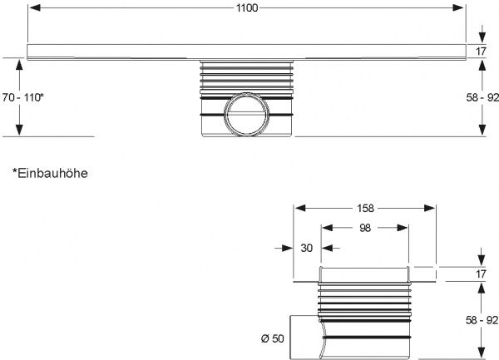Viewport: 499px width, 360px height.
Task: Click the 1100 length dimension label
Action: click(x=247, y=8)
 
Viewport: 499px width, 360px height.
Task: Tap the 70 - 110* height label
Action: click(x=23, y=97)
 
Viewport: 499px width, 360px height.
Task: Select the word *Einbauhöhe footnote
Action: click(x=50, y=173)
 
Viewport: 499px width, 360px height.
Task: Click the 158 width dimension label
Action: click(x=365, y=209)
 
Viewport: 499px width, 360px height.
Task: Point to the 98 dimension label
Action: click(x=365, y=228)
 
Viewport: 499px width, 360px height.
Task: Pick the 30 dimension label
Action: click(x=306, y=248)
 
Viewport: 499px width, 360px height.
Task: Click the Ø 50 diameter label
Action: click(x=273, y=338)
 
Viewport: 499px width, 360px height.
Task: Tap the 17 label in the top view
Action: click(x=482, y=52)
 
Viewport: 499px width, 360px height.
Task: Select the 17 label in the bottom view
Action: click(x=482, y=274)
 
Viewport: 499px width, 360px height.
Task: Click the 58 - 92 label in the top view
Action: click(x=482, y=97)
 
